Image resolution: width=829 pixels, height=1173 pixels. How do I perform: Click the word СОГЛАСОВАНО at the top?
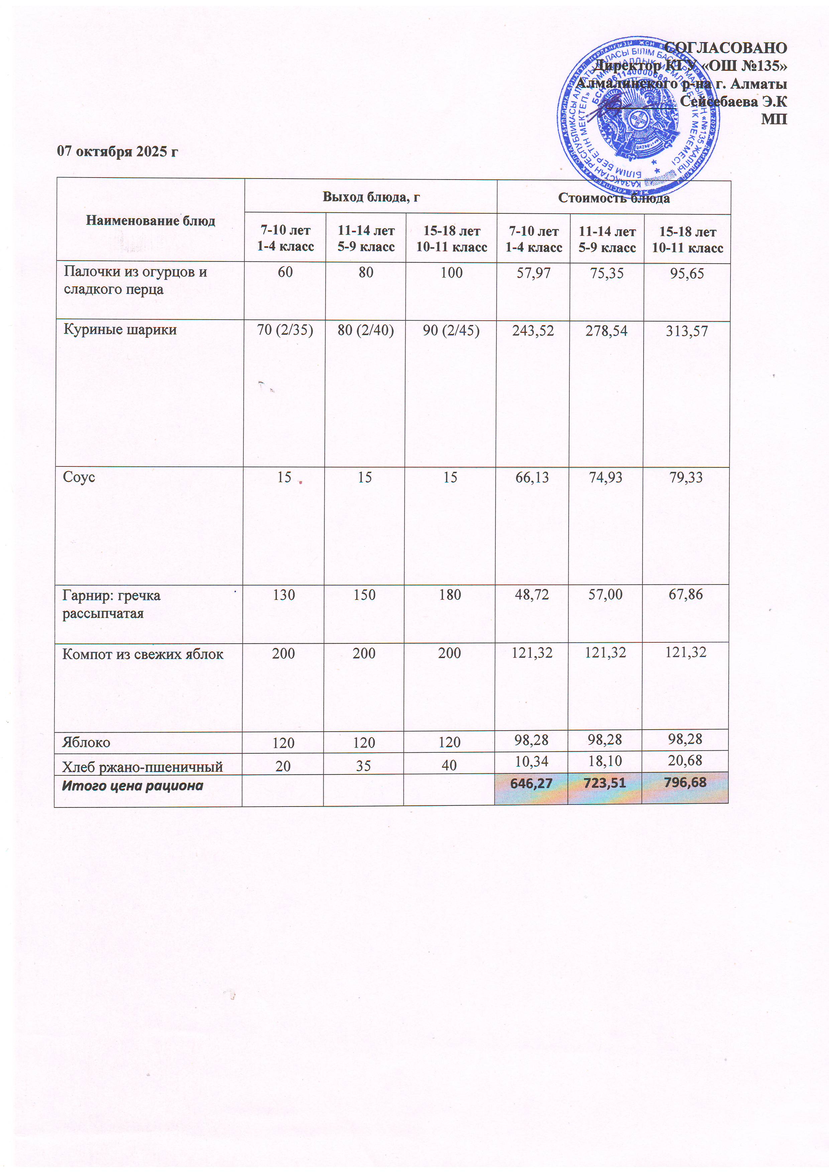(725, 47)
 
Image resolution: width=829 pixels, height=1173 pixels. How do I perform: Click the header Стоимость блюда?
(613, 198)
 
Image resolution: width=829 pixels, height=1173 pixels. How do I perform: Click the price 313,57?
(687, 331)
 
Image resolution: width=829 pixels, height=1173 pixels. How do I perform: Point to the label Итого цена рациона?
(132, 785)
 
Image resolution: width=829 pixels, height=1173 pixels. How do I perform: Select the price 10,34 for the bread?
(531, 761)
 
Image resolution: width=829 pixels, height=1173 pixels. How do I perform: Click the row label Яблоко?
(86, 742)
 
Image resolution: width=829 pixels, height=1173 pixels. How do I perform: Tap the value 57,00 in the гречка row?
(605, 594)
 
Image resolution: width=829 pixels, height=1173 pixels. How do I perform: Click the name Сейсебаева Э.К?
(733, 101)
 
